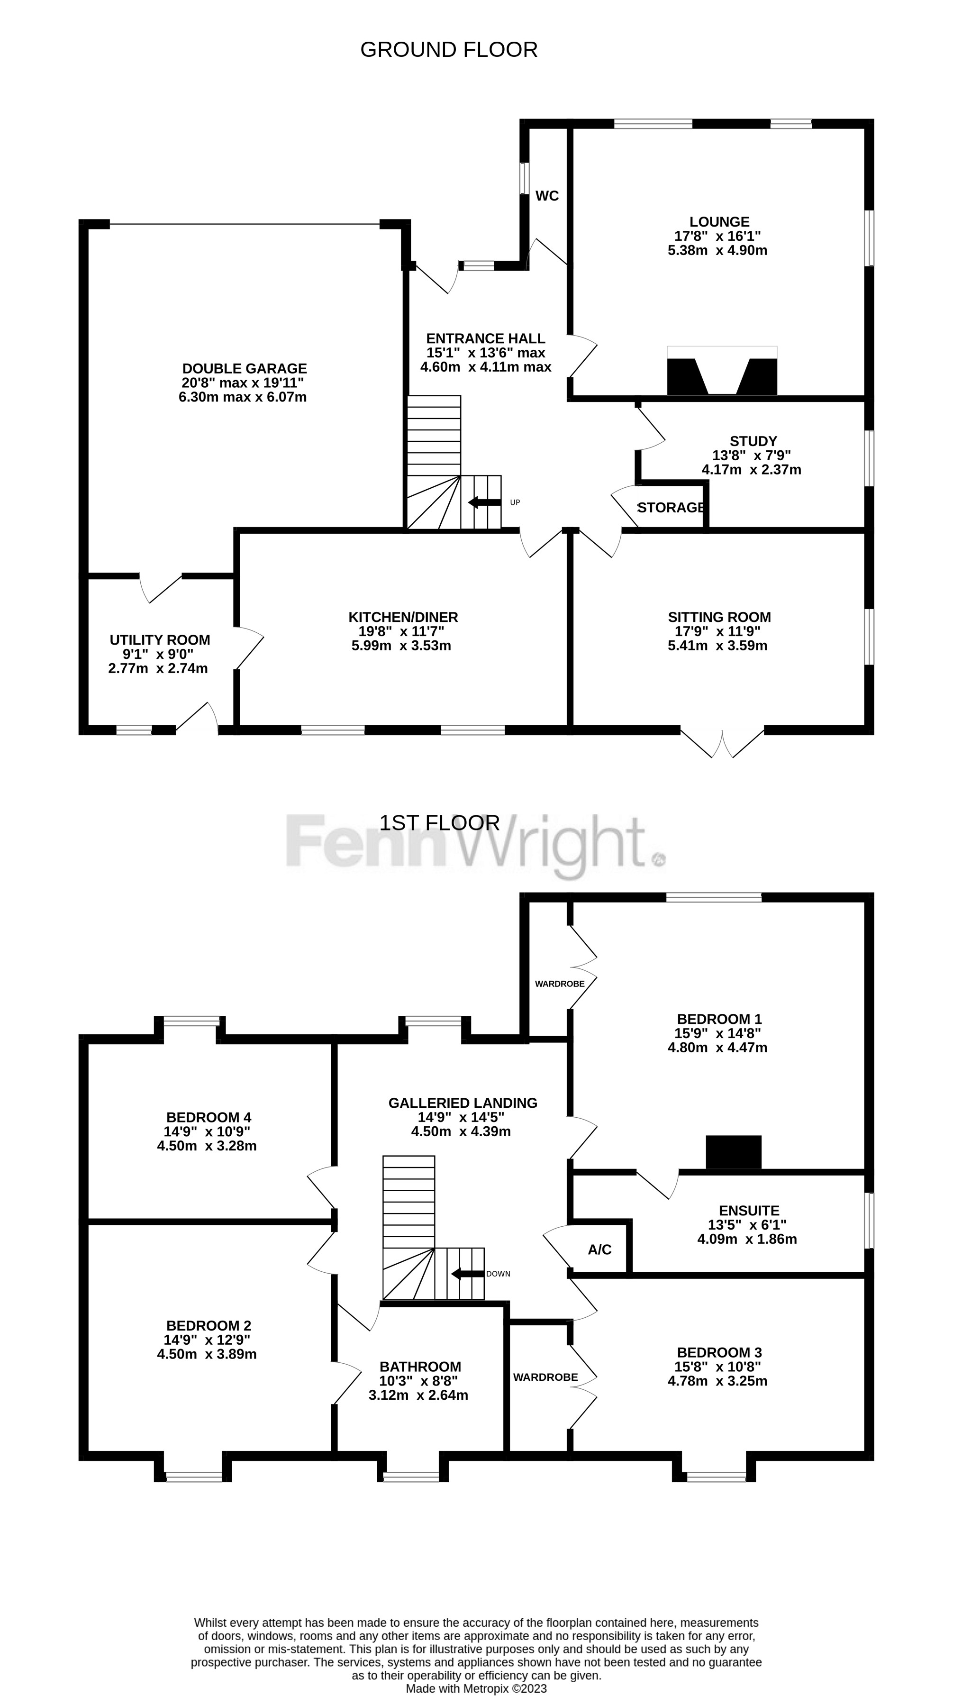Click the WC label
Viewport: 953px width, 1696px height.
pyautogui.click(x=547, y=196)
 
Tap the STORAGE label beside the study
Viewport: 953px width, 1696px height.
pyautogui.click(x=672, y=508)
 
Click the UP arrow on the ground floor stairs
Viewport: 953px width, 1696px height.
pyautogui.click(x=484, y=502)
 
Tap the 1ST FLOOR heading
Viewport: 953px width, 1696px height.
pyautogui.click(x=440, y=823)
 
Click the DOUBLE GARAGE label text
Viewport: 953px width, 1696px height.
pyautogui.click(x=244, y=369)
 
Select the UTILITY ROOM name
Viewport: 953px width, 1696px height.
pyautogui.click(x=160, y=640)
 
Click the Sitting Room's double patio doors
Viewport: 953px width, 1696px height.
pyautogui.click(x=723, y=743)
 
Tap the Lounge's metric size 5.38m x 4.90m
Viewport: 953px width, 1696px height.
pyautogui.click(x=717, y=250)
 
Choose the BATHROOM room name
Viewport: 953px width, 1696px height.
pyautogui.click(x=420, y=1367)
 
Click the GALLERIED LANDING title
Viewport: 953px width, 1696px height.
pyautogui.click(x=463, y=1103)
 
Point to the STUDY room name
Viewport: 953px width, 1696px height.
pyautogui.click(x=753, y=441)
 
